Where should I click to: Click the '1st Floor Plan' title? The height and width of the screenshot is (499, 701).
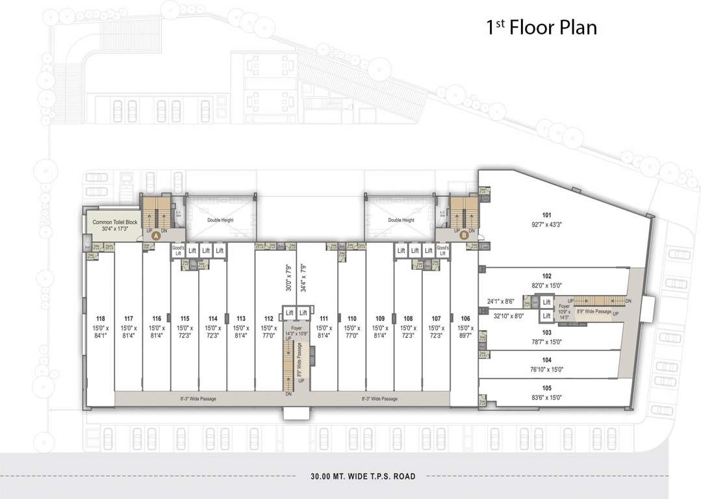point(541,28)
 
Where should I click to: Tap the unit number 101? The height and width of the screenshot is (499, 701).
point(546,215)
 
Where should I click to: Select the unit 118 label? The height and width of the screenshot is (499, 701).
point(101,318)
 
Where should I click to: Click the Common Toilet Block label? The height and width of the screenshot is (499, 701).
point(115,222)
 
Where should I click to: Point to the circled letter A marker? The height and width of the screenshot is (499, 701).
point(156,237)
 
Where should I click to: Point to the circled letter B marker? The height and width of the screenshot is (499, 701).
point(463,237)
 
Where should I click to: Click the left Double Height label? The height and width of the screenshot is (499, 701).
point(220,220)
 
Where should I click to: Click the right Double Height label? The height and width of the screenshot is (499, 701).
point(401,220)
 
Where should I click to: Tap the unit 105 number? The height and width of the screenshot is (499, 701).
point(546,388)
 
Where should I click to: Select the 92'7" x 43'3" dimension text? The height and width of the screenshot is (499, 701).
point(546,224)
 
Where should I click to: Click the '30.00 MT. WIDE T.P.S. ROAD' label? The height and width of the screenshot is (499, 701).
point(363,476)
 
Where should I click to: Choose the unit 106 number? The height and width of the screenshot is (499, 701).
point(465,318)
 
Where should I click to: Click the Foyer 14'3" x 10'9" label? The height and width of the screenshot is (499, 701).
point(297,332)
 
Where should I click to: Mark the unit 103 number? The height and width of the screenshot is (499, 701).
point(546,332)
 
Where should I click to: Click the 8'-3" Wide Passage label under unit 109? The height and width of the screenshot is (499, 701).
point(380,399)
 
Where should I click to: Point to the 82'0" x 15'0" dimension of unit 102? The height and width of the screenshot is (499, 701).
point(546,285)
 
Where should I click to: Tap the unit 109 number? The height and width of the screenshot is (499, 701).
point(380,318)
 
